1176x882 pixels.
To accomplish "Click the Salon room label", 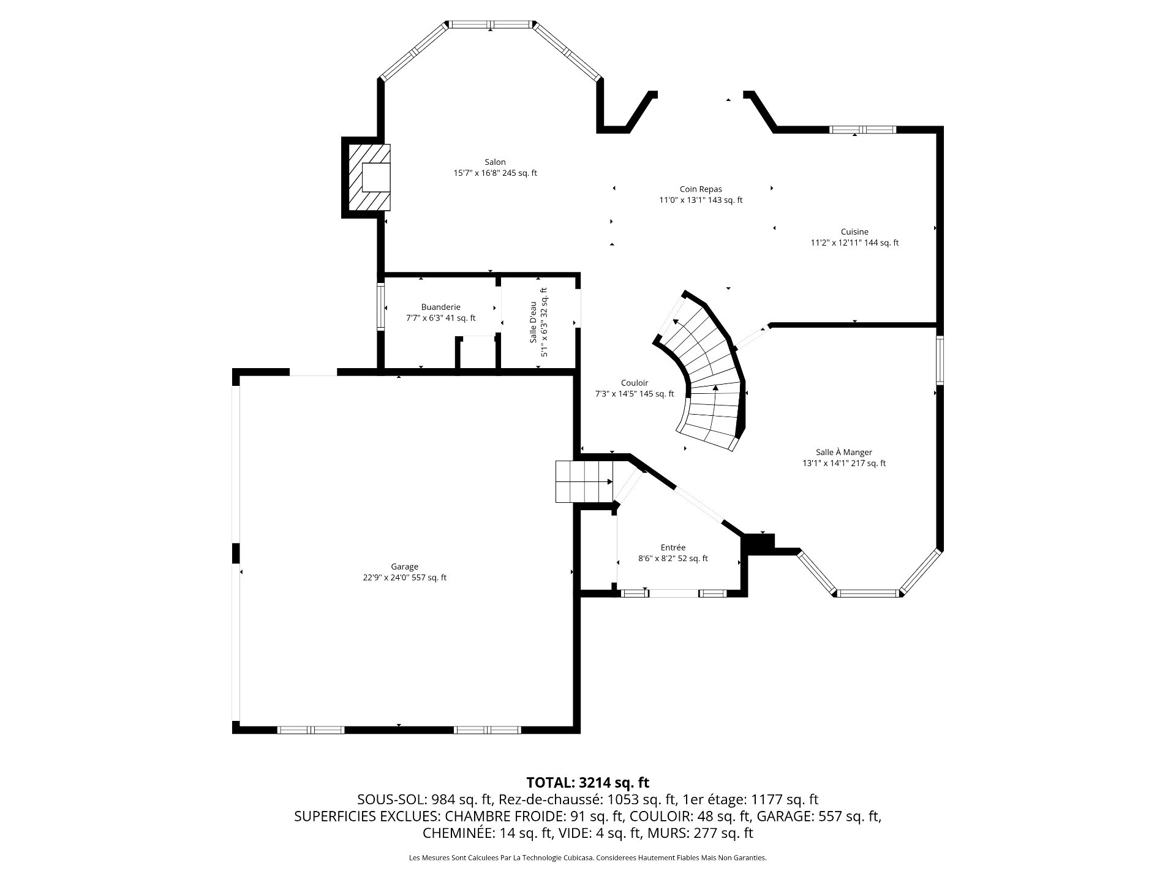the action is (x=495, y=162).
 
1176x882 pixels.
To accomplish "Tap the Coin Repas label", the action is (x=701, y=189).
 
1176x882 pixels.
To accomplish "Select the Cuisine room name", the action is (x=854, y=232).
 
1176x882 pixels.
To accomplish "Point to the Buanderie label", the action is (x=440, y=307).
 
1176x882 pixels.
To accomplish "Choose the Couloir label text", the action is (x=634, y=383).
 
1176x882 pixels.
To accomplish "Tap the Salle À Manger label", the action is (x=843, y=452).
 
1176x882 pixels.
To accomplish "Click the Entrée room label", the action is (x=673, y=547).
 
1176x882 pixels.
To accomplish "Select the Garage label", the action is (x=404, y=567).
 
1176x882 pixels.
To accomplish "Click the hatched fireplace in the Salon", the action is (x=369, y=177).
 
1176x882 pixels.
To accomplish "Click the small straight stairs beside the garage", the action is (x=584, y=481).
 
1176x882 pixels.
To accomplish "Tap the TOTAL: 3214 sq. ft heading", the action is (x=587, y=782).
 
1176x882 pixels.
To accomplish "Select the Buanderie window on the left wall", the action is (x=380, y=307).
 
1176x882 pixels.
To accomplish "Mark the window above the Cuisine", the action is (x=862, y=129).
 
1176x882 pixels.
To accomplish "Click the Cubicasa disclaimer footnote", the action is (x=587, y=858).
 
